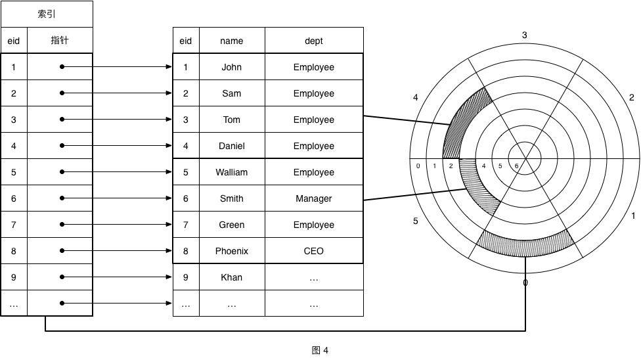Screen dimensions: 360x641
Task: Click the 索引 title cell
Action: [x=47, y=14]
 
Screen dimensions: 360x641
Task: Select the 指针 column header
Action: [x=60, y=41]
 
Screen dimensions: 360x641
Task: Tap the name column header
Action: [x=232, y=41]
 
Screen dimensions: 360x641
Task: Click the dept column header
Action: [x=314, y=41]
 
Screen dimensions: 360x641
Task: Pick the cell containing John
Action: [x=232, y=67]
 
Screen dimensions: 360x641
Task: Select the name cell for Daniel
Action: [x=232, y=146]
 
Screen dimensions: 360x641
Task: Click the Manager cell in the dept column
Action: [x=314, y=198]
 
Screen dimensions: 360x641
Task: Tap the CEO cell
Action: [x=314, y=251]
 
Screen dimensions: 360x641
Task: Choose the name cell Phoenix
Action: [x=232, y=251]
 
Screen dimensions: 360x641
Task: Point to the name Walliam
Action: [x=232, y=172]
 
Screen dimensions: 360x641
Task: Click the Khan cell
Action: [x=232, y=277]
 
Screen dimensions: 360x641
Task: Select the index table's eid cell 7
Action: [x=14, y=225]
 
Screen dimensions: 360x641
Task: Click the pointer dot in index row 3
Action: [x=62, y=120]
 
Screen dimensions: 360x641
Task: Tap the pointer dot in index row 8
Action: [x=62, y=251]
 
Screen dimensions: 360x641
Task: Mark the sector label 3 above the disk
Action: [x=524, y=35]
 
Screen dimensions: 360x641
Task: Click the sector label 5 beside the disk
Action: [x=416, y=221]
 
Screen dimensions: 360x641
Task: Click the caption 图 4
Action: [x=320, y=350]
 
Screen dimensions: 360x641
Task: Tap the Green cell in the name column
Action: [x=232, y=225]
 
